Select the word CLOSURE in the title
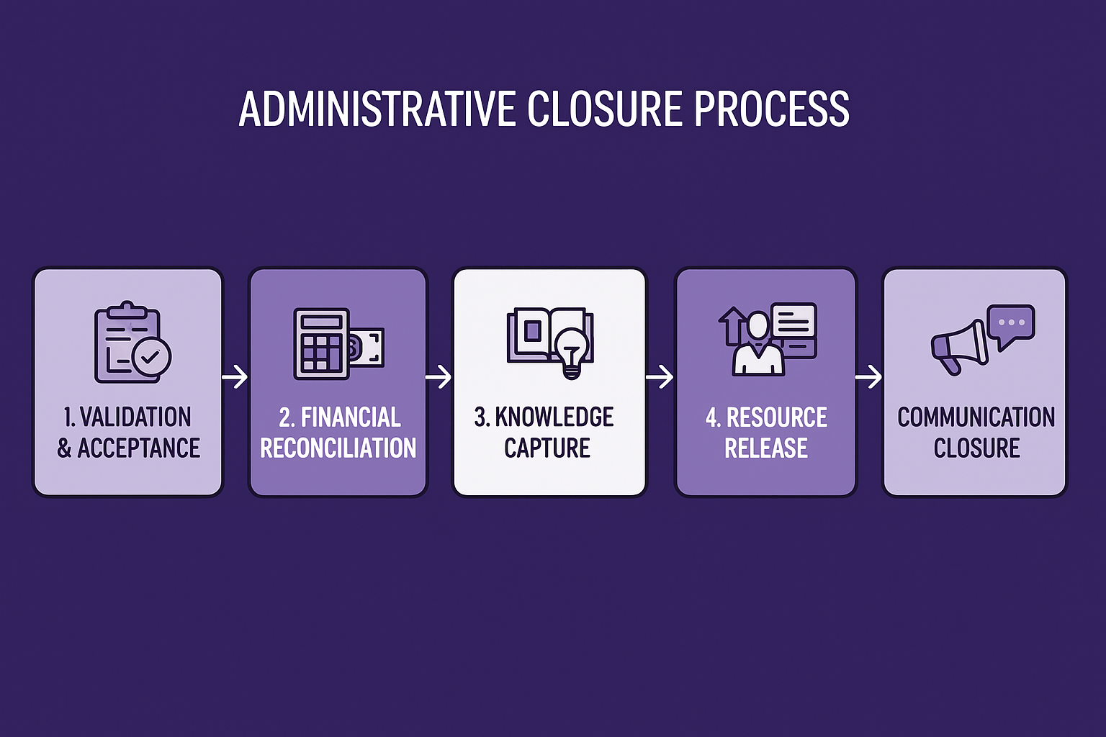(x=605, y=109)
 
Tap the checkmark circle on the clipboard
(x=152, y=356)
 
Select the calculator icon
(x=321, y=344)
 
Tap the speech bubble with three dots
(x=1011, y=324)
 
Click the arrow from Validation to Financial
(x=235, y=376)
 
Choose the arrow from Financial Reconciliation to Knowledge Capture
(x=439, y=376)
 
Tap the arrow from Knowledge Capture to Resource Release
(x=660, y=376)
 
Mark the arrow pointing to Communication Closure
(x=868, y=376)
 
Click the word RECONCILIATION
(x=338, y=448)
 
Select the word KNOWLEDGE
(x=554, y=417)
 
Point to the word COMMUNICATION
(x=976, y=417)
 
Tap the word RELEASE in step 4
(x=766, y=448)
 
